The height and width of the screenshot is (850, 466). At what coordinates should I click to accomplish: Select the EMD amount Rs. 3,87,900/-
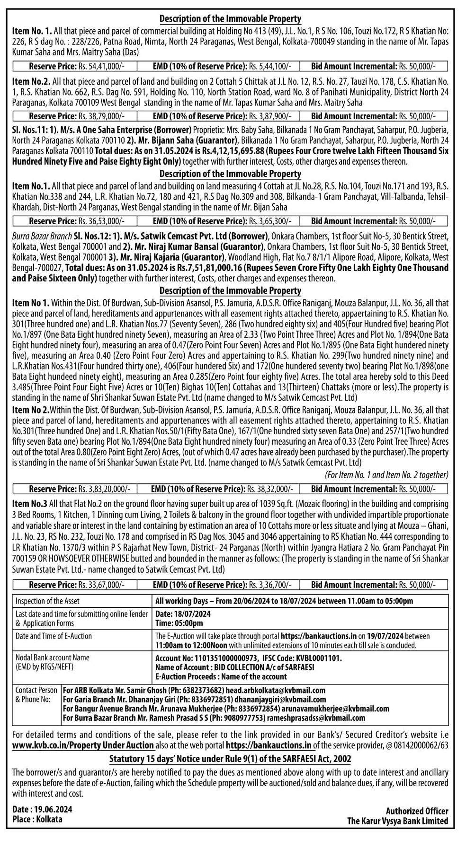pos(270,116)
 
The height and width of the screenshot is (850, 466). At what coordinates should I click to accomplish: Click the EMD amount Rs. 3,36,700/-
pos(270,585)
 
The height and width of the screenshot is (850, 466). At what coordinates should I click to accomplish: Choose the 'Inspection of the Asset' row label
pos(47,601)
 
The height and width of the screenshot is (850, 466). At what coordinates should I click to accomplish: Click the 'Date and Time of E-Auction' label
pos(54,636)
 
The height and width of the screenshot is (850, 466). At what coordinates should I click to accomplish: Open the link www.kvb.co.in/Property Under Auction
pos(83,745)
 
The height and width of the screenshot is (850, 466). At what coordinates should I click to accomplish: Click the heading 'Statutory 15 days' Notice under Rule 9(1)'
pos(230,759)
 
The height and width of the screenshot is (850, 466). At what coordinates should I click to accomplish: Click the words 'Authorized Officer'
pos(417,811)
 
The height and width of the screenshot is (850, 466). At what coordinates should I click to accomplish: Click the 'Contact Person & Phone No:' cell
pos(36,695)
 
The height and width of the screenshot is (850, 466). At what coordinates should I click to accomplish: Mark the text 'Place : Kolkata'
pos(37,819)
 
